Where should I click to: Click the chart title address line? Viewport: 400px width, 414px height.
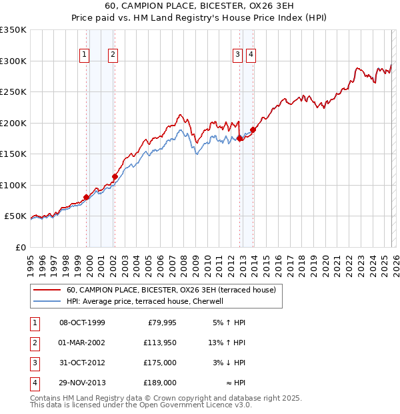click(x=199, y=6)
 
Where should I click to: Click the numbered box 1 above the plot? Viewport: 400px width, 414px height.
click(x=85, y=55)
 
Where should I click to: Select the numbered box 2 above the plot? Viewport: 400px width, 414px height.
click(x=113, y=55)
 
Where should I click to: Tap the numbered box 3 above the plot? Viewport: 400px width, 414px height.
click(x=237, y=55)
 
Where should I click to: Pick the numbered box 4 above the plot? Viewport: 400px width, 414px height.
click(x=251, y=55)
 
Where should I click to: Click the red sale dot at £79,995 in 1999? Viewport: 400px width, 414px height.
click(x=86, y=197)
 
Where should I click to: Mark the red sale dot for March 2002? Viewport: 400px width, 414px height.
click(x=115, y=177)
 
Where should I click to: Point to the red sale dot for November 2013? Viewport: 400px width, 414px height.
click(x=253, y=130)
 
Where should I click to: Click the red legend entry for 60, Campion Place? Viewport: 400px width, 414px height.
click(x=175, y=290)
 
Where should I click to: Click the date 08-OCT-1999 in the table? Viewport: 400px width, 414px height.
click(x=82, y=323)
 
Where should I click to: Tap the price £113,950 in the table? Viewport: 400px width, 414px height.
click(x=160, y=343)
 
